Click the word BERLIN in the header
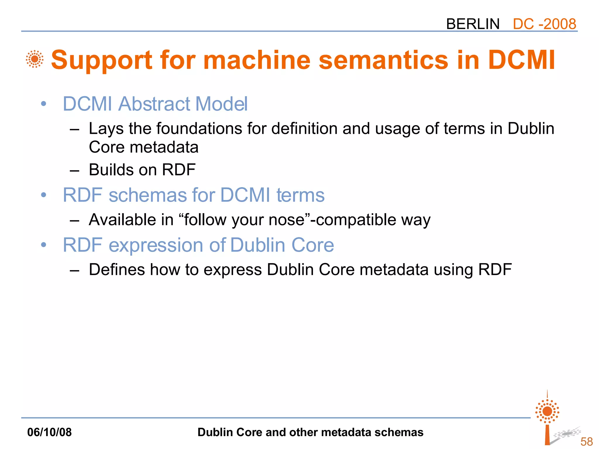tap(473, 24)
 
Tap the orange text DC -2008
tap(544, 24)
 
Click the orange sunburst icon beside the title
tap(35, 59)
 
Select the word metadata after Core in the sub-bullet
tap(164, 147)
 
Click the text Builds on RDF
tap(142, 170)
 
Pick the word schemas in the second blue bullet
tap(147, 195)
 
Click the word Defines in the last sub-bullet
tap(117, 270)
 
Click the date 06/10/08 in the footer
tap(49, 432)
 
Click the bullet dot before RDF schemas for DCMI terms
tap(44, 195)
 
